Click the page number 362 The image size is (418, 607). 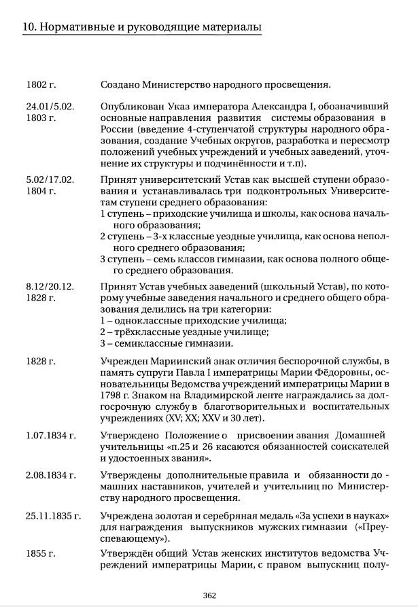coord(209,595)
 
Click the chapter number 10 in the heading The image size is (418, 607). coord(29,27)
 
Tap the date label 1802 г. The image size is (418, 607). coord(41,85)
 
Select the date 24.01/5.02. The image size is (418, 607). coord(50,107)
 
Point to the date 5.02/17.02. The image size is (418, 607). coord(50,180)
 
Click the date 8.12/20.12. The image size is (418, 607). coord(50,286)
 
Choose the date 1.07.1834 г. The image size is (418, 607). coord(51,435)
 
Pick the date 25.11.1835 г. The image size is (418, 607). coord(53,516)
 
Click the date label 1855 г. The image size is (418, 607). coord(41,553)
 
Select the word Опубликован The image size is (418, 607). coord(128,107)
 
